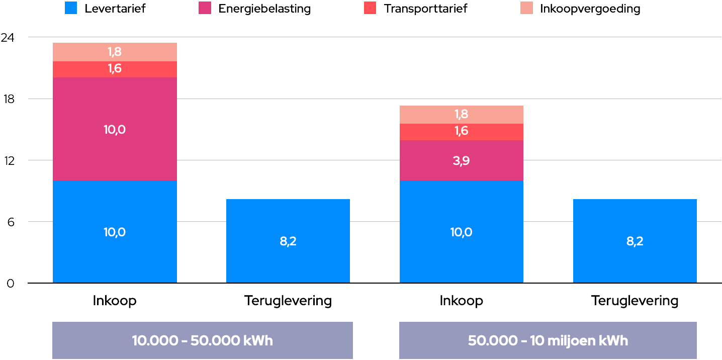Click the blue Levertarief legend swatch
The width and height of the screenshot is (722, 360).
point(71,8)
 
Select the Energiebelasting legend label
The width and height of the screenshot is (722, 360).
point(264,9)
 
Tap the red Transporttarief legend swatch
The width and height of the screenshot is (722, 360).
point(370,8)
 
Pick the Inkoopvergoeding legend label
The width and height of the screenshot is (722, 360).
point(590,9)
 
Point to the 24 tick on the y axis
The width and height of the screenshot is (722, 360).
point(8,38)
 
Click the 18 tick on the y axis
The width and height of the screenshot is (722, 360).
point(9,99)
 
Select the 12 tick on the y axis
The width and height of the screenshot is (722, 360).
point(10,160)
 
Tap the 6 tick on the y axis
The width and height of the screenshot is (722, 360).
point(11,222)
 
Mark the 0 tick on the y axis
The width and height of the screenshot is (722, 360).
point(11,284)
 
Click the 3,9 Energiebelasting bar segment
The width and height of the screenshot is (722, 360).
point(461,160)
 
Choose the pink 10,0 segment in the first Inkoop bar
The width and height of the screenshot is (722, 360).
point(115,129)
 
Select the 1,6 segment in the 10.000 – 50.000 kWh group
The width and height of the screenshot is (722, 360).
point(115,69)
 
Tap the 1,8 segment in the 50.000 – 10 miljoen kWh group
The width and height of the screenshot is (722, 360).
point(461,115)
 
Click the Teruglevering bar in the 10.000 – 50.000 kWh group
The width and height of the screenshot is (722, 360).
point(288,241)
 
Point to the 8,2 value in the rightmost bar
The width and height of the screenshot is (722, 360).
point(635,241)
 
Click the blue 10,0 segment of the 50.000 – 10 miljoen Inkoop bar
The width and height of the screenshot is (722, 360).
point(461,232)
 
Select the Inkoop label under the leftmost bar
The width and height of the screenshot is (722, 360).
point(115,301)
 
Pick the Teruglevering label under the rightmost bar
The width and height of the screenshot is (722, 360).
point(635,301)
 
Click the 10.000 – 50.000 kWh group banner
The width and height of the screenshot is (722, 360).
point(203,340)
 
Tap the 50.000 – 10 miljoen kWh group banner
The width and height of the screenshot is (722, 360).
point(548,340)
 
